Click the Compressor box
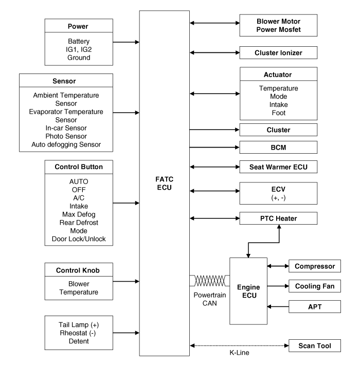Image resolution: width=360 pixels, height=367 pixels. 315,266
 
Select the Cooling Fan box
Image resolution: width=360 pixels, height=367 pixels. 315,286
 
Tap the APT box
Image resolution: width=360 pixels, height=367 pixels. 315,307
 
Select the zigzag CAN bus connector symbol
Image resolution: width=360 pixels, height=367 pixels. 209,281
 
